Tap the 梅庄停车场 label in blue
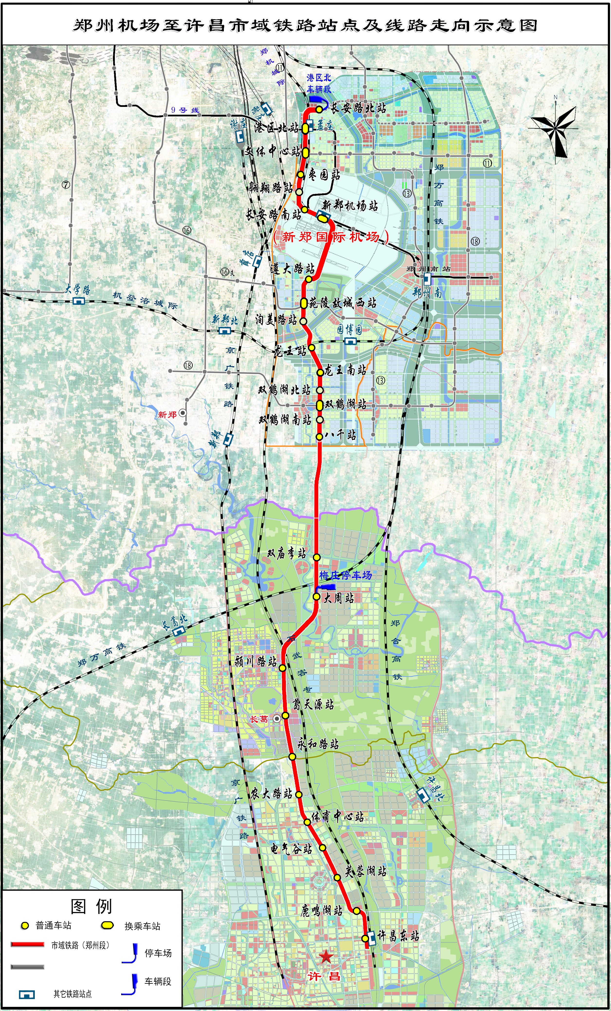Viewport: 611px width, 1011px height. (x=345, y=575)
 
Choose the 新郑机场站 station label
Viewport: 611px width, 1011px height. (x=350, y=205)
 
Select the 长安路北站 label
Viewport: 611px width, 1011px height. (x=358, y=108)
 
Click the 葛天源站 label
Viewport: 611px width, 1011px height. (x=313, y=704)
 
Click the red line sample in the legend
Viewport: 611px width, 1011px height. (x=27, y=944)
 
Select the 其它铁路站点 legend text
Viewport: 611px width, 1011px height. (x=72, y=994)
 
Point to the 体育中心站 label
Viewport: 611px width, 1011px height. (x=337, y=816)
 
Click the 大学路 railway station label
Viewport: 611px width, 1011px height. (x=78, y=289)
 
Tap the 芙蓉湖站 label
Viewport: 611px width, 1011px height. (x=365, y=871)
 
